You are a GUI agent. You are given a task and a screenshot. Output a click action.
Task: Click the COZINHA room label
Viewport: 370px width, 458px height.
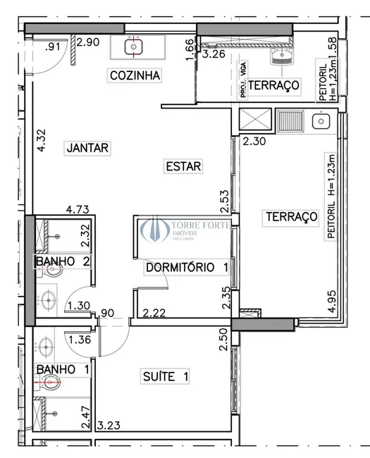(135, 75)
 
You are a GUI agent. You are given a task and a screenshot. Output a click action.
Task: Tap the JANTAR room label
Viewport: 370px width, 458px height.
(87, 148)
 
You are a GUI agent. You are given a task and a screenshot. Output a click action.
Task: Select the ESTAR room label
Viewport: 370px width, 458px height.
(183, 166)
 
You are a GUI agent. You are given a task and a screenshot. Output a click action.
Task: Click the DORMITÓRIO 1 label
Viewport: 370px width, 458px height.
(187, 268)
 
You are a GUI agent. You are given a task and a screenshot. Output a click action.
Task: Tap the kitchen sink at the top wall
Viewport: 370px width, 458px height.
(135, 47)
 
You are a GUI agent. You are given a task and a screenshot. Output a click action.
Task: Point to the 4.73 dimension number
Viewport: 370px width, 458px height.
(78, 209)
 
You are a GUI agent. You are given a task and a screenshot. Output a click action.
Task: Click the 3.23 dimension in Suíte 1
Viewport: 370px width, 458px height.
(111, 426)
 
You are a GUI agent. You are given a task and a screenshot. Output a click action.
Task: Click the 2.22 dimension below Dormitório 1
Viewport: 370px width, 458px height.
(154, 313)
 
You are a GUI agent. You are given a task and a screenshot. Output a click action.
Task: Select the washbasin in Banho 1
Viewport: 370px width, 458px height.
(47, 347)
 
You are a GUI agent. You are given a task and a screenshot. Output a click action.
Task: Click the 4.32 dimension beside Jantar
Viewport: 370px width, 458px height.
(42, 140)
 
